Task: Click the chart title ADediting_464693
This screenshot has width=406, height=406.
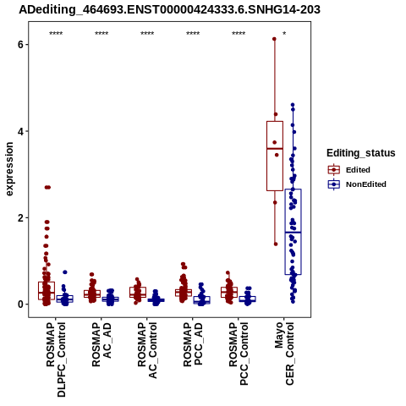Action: (169, 10)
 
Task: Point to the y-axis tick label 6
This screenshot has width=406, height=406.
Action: (20, 45)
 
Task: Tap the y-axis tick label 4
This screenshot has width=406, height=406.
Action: (20, 131)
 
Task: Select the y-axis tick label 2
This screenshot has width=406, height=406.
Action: (20, 218)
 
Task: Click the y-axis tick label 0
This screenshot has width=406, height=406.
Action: (20, 304)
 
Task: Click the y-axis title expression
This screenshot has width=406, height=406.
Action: (9, 169)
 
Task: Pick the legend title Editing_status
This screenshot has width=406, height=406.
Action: (361, 153)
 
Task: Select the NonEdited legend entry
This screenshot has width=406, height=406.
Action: (357, 184)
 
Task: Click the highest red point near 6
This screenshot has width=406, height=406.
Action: (274, 39)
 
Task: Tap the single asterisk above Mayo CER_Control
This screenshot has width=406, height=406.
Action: (284, 34)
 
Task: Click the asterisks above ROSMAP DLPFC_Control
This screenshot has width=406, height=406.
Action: (56, 34)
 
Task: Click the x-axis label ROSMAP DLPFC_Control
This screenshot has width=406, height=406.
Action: (56, 360)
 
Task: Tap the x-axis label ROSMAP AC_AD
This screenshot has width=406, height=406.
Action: (101, 344)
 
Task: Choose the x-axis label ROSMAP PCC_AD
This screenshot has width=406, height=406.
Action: (193, 344)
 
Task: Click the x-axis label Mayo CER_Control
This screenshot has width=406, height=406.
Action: (284, 354)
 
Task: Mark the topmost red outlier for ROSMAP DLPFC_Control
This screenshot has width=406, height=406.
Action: (47, 187)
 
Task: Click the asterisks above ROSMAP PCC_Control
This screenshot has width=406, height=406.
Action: (239, 34)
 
